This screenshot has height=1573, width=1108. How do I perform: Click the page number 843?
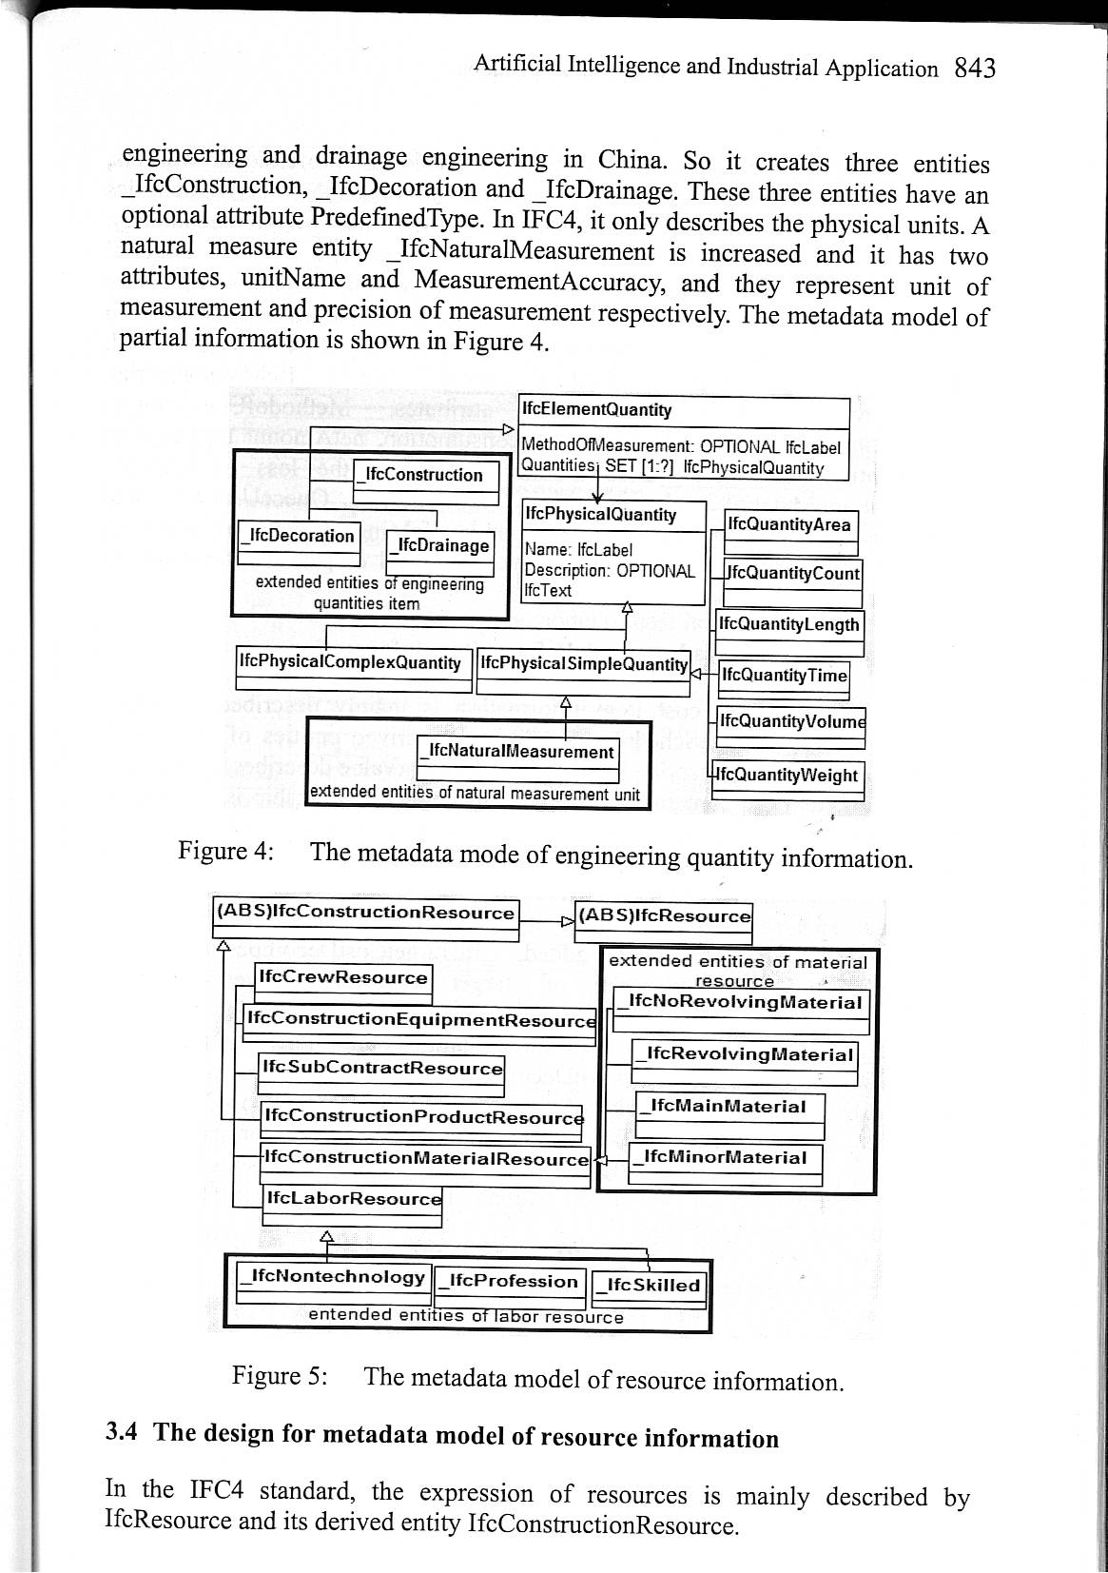click(x=974, y=69)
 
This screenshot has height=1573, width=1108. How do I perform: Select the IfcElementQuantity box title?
click(x=596, y=410)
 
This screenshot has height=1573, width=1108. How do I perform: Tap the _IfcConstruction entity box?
click(x=425, y=475)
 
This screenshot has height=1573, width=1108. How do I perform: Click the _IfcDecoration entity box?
click(x=299, y=536)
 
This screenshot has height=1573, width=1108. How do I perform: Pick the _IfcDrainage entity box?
click(x=439, y=545)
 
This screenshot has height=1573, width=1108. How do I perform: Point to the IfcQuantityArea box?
click(x=789, y=525)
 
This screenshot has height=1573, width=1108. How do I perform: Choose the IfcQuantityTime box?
click(x=783, y=676)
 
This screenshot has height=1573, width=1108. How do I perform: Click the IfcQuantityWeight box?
click(x=787, y=776)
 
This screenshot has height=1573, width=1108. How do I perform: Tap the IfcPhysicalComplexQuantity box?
click(x=350, y=662)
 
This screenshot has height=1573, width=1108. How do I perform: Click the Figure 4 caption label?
click(x=226, y=851)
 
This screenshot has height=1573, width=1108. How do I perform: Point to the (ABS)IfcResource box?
click(x=664, y=916)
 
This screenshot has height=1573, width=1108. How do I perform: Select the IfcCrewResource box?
click(x=343, y=978)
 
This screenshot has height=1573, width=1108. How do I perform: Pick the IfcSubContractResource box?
click(x=381, y=1068)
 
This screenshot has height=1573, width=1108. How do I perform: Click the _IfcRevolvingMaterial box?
click(x=745, y=1055)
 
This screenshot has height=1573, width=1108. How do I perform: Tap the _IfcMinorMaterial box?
click(x=726, y=1158)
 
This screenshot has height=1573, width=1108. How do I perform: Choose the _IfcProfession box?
click(x=512, y=1281)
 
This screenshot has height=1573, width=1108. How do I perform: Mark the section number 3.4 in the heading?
click(x=124, y=1432)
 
